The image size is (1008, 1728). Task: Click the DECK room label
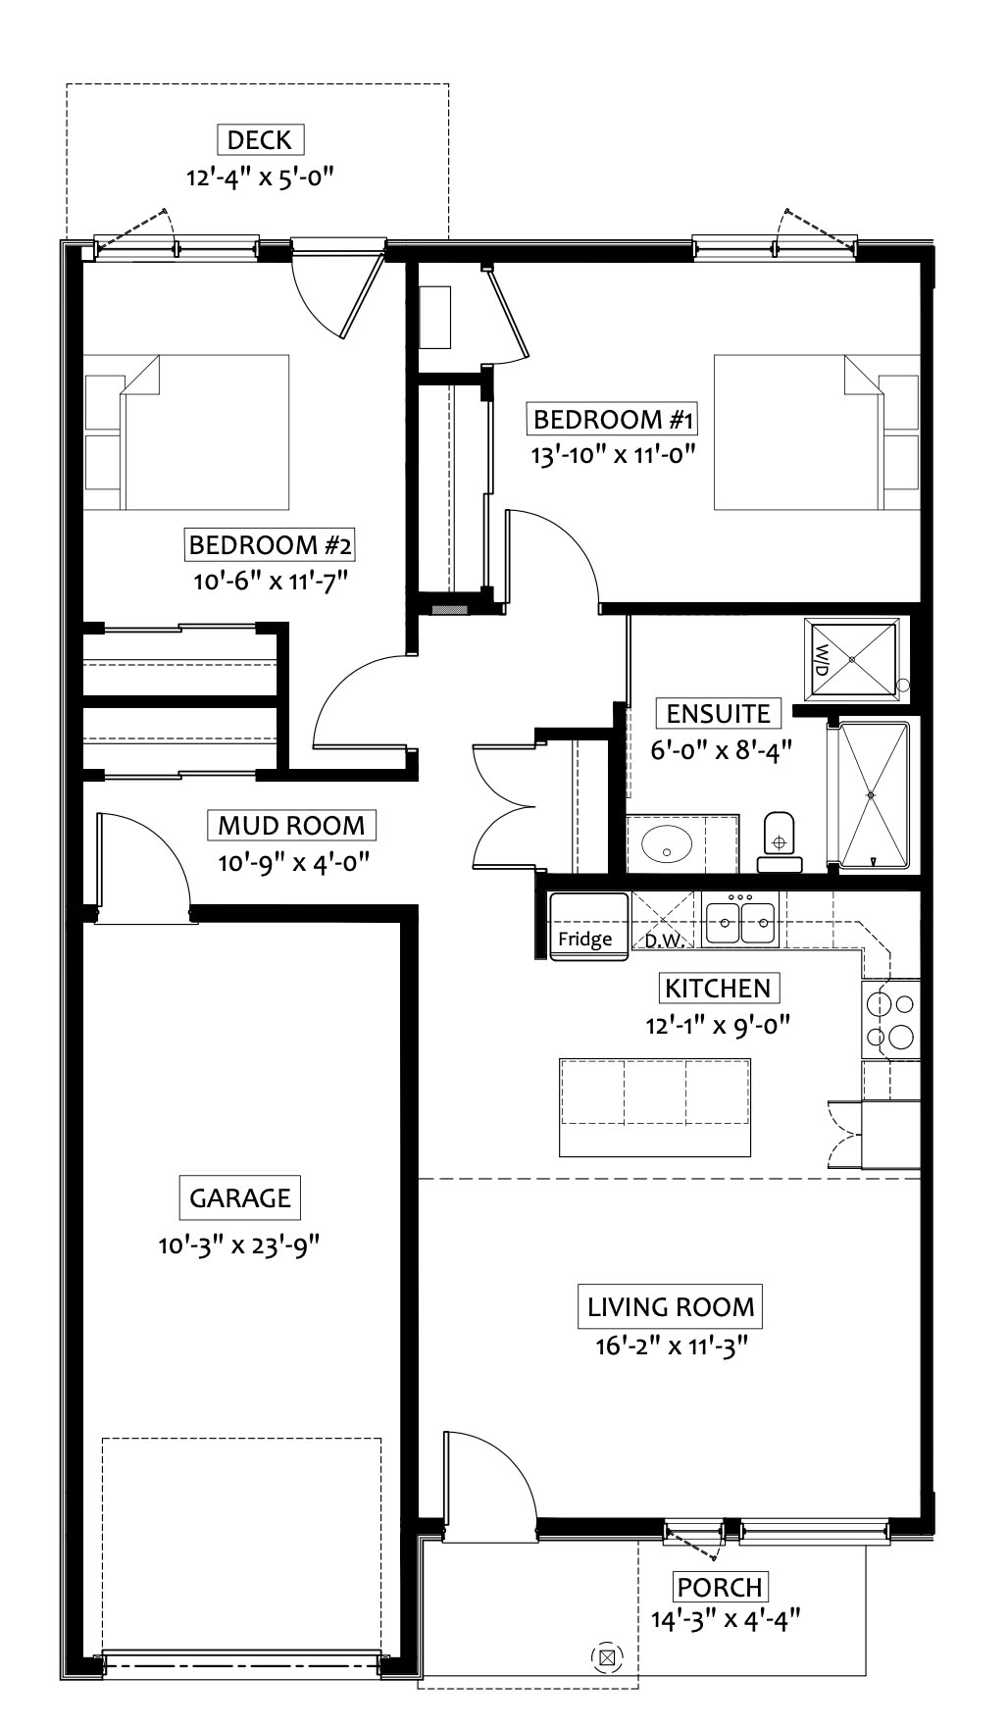coord(260,139)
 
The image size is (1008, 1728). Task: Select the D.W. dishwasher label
coord(664,940)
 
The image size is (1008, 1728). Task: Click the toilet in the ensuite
coord(780,841)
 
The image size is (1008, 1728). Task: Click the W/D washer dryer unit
coord(851,659)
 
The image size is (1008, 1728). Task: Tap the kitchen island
coord(655,1107)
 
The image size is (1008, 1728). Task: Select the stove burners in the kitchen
coord(890,1020)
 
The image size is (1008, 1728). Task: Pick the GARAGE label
coord(240,1197)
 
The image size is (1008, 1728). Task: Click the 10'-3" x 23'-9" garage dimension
coord(240,1245)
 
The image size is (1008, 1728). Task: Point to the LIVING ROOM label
coord(672,1306)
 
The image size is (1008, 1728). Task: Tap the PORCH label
coord(720,1586)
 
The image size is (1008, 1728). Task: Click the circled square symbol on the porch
coord(607,1658)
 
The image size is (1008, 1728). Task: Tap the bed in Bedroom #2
coord(186,432)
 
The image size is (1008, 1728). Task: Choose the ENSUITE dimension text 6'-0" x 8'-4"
coord(721,750)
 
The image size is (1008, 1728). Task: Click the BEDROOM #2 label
coord(271,543)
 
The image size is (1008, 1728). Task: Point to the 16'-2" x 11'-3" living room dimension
coord(672,1346)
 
